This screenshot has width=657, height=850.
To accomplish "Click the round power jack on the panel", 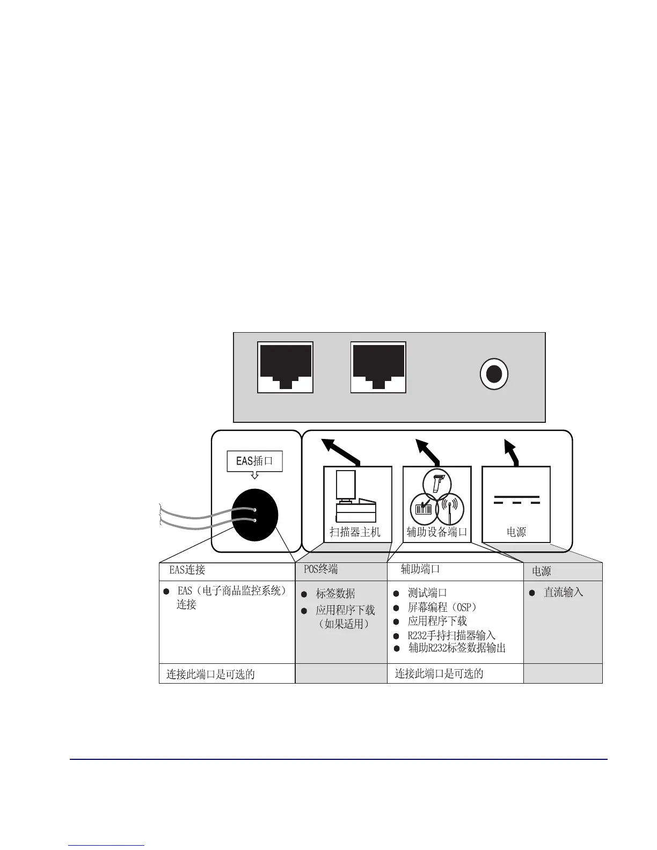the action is pos(493,374).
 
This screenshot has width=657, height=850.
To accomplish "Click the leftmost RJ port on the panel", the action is pos(285,367).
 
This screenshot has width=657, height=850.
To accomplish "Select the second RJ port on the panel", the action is pos(378,367).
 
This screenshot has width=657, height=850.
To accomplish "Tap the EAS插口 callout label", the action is pos(254,461).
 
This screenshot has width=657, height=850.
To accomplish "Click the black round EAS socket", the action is pos(255,515).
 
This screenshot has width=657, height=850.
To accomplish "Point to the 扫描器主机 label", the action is pos(355,532).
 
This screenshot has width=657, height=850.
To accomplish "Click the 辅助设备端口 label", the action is pos(437,532).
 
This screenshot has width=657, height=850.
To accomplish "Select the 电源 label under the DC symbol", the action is pos(516,532).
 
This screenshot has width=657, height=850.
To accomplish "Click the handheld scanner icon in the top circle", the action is pos(437,482).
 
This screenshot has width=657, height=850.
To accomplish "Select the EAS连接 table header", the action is pos(187,570).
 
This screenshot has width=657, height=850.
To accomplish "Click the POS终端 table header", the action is pos(321,569).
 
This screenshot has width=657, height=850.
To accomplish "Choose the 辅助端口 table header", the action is pos(420,569).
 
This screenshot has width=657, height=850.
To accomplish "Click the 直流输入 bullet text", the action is pos(563,592).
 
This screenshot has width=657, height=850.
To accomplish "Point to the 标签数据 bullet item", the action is pos(335,593).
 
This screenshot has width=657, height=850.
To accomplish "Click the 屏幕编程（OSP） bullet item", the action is pos(442,607).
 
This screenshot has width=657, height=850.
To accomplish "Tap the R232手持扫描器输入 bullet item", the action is pos(451,635).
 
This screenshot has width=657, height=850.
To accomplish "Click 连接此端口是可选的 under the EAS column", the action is pos(210,674).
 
